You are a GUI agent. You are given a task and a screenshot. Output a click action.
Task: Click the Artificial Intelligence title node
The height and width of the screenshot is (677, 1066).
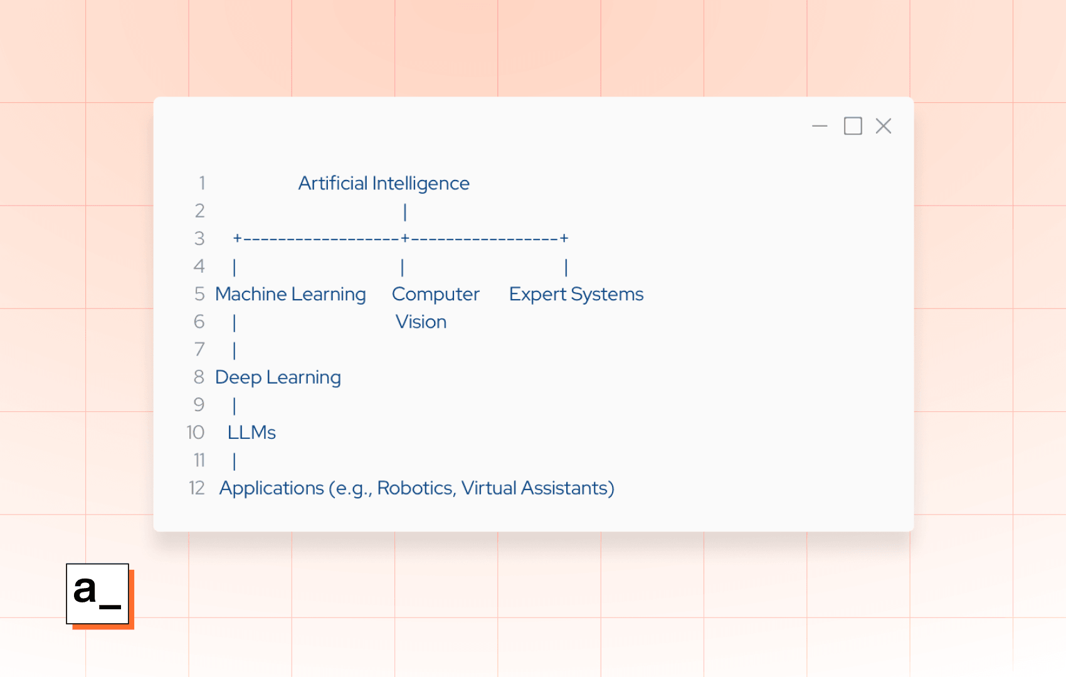click(x=383, y=183)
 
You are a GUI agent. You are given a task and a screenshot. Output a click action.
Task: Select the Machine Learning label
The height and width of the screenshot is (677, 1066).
click(x=290, y=294)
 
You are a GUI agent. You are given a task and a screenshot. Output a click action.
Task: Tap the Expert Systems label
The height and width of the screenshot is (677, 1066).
click(x=576, y=294)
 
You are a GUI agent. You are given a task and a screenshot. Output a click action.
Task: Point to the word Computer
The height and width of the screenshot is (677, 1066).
click(x=435, y=294)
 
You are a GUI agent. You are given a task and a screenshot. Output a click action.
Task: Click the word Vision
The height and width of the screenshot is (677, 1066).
click(x=421, y=322)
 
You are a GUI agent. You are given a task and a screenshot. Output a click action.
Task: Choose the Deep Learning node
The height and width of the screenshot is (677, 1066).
click(x=278, y=377)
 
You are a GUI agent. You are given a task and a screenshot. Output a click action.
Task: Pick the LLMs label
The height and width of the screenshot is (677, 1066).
click(x=251, y=433)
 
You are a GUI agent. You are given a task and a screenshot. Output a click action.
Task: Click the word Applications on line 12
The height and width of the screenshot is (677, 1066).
click(x=272, y=488)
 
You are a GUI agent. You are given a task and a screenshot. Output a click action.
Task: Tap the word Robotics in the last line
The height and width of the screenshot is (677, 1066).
click(x=415, y=488)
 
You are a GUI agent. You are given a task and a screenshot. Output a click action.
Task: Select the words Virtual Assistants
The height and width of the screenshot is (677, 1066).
click(x=537, y=488)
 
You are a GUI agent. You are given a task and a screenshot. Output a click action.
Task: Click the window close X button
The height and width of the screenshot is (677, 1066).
click(x=884, y=126)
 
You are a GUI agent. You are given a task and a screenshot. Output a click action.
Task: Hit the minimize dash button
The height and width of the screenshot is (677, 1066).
click(x=820, y=126)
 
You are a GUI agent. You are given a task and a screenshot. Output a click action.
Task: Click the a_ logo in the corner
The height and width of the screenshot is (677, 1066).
click(x=98, y=594)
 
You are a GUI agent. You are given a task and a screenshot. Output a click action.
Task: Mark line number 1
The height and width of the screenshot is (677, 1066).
click(x=202, y=183)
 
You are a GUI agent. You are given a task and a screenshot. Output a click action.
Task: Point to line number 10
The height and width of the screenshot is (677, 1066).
click(x=196, y=433)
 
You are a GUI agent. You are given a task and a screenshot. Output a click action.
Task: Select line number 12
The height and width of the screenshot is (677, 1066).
click(x=197, y=488)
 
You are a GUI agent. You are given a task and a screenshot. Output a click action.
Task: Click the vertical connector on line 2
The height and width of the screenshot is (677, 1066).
click(x=405, y=212)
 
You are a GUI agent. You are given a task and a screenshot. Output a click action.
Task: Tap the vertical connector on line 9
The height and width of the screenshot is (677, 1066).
click(x=235, y=406)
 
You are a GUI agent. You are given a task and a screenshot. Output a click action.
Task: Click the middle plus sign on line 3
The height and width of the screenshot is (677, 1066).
click(x=405, y=238)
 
